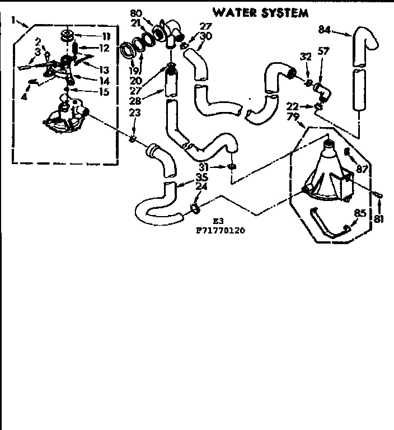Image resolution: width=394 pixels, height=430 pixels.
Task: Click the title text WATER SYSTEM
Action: tap(260, 12)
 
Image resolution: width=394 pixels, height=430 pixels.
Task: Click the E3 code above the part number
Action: tap(218, 221)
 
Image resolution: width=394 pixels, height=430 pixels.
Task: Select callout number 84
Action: tap(326, 29)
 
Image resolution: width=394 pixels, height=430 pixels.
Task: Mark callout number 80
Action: tap(136, 13)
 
